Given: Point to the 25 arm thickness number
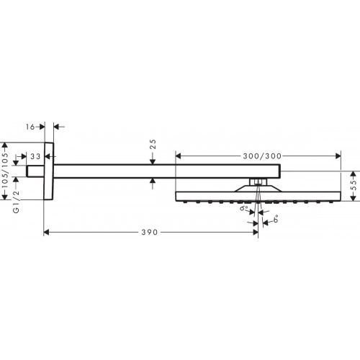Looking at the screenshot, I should click(152, 148).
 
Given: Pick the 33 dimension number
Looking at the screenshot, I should click(34, 156).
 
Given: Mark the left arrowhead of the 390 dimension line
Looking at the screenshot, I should click(48, 233).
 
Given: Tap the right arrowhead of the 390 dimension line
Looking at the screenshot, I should click(255, 233).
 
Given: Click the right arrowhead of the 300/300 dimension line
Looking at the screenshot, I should click(336, 156).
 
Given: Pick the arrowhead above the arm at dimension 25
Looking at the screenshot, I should click(152, 161).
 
